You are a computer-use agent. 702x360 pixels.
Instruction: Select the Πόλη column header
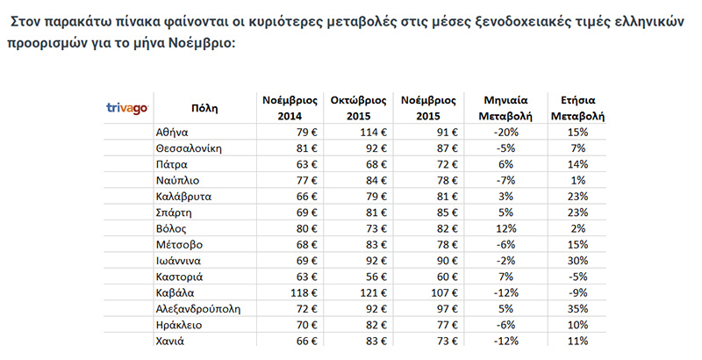pyautogui.click(x=204, y=107)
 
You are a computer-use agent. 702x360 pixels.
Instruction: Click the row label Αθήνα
pyautogui.click(x=173, y=132)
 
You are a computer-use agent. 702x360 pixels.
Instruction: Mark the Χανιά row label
pyautogui.click(x=171, y=341)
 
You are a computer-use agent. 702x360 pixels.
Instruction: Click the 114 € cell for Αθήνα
pyautogui.click(x=374, y=132)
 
